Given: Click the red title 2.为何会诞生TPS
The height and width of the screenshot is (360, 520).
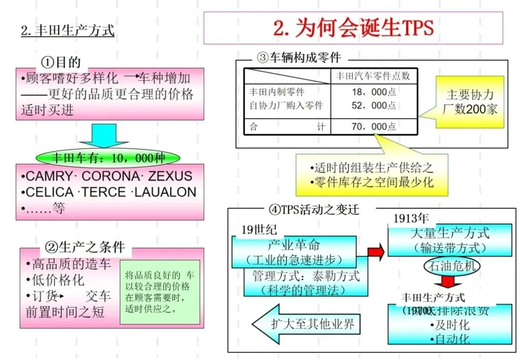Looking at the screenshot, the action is click(x=353, y=28).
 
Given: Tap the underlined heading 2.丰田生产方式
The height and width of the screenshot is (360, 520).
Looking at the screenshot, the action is click(x=68, y=31).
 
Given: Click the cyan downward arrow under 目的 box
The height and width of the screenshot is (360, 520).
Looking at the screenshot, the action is click(x=98, y=135).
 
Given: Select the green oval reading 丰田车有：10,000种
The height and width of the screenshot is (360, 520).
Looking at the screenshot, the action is click(x=108, y=158).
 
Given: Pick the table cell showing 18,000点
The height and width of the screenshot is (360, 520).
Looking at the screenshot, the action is click(x=374, y=92).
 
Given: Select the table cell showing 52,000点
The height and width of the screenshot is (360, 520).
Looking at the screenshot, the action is click(x=374, y=105).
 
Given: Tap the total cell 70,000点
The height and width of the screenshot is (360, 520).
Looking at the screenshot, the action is click(x=374, y=126).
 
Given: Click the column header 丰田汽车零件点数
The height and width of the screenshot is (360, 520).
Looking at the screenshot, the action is click(x=373, y=76).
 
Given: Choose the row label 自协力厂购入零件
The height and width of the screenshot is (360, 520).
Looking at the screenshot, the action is click(x=286, y=105).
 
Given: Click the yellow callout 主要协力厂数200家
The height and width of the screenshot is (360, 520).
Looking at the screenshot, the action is click(x=470, y=102).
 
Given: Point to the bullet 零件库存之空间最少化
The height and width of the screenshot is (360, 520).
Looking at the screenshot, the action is click(x=374, y=182).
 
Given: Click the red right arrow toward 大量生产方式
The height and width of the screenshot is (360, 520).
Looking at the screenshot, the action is click(x=376, y=251).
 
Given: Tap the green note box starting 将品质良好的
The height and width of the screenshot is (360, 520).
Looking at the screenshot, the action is click(x=159, y=292).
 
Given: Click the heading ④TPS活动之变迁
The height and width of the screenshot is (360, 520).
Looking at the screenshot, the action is click(x=314, y=210).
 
